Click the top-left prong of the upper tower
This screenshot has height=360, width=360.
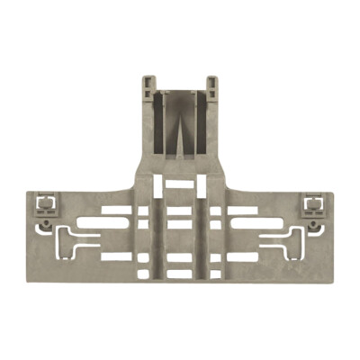148,84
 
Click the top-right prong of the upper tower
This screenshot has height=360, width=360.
212,84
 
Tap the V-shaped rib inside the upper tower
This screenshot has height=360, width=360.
180,126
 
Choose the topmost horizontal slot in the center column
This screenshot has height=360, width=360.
180,185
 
